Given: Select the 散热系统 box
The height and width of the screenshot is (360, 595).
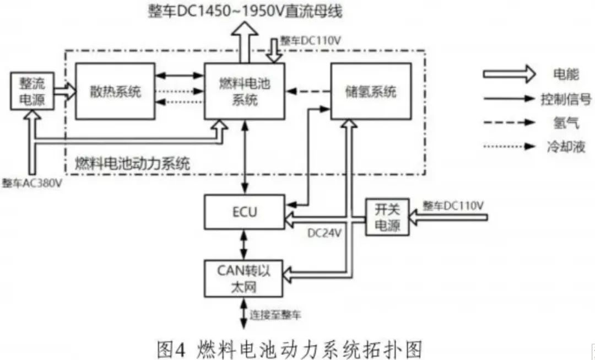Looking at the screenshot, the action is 115,91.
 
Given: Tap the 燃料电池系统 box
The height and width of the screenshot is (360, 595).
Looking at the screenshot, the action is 245,91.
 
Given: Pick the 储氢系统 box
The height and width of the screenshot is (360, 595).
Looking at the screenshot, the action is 371,91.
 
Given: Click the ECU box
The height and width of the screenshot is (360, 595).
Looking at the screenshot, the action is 245,212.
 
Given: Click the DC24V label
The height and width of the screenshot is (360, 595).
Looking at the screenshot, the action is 324,233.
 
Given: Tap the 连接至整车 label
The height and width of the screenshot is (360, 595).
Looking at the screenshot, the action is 276,315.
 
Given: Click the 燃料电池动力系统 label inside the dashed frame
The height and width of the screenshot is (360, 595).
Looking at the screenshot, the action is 132,163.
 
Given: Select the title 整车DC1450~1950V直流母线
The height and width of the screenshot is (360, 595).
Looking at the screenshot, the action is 245,11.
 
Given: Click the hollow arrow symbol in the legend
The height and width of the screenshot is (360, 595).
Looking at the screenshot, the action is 509,73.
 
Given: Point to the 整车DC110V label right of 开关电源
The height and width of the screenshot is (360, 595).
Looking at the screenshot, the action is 453,206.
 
